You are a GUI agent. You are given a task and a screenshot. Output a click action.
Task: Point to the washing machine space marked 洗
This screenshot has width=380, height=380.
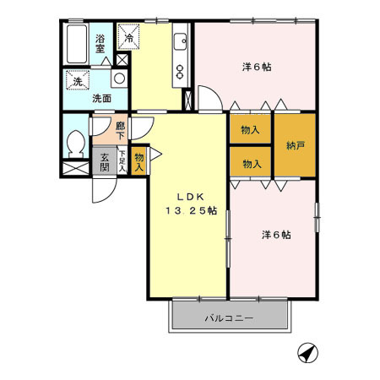pos(76,82)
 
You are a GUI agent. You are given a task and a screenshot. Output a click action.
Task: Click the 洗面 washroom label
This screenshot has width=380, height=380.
pos(101,97)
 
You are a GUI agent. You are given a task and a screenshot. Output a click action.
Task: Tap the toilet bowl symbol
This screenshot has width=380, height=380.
pos(74,144)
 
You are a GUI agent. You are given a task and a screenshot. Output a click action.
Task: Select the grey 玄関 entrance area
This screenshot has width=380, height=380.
pos(106,160)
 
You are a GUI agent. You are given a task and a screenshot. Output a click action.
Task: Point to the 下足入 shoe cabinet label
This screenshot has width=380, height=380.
pos(122,160)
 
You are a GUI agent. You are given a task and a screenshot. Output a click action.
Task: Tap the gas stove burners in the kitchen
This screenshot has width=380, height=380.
pos(180,73)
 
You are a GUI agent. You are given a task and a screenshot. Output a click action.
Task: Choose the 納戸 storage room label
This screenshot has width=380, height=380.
pos(296,144)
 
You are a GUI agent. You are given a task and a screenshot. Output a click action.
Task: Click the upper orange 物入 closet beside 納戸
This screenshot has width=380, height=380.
pos(250,130)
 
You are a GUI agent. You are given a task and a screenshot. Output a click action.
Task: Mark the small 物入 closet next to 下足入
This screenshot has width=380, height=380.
pos(138,157)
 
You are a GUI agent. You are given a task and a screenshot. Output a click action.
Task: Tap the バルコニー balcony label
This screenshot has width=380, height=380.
pos(229,319)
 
